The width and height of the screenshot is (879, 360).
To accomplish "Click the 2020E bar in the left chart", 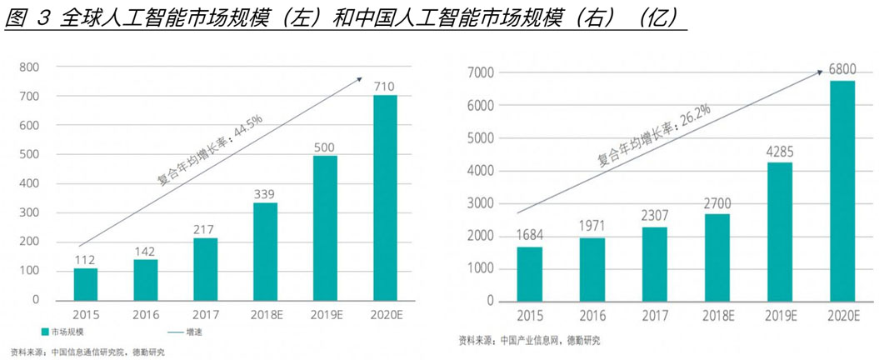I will [385, 197].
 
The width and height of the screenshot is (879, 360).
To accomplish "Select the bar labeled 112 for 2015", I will [85, 283].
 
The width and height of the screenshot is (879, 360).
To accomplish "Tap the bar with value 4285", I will [779, 232].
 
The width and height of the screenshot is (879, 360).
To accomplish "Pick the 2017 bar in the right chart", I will [654, 264].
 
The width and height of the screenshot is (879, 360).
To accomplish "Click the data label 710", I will [384, 86].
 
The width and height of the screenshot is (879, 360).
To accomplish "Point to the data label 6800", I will [842, 69].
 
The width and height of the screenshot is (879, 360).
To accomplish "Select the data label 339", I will [265, 193].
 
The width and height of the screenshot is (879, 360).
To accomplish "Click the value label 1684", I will [529, 236].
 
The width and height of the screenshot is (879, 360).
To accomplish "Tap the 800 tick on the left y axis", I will [29, 67].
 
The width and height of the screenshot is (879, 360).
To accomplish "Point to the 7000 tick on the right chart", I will [482, 73].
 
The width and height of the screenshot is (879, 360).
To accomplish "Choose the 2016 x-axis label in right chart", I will [592, 317].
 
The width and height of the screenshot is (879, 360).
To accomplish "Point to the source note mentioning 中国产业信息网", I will [528, 340].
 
